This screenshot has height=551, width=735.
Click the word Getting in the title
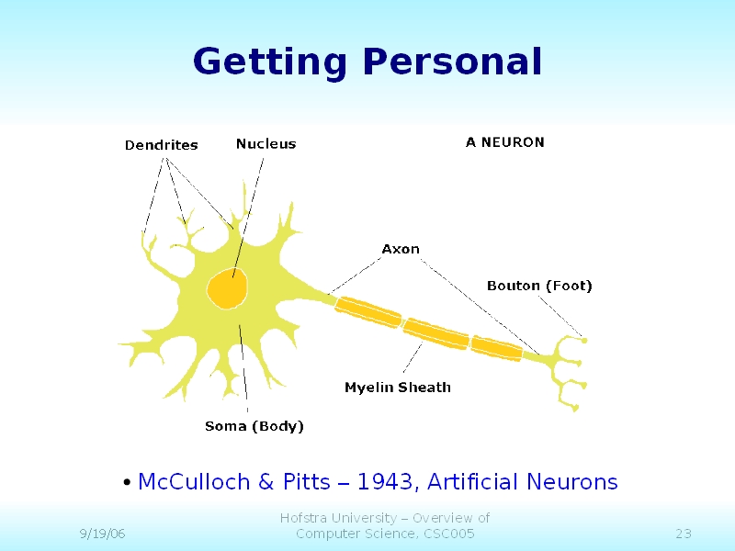[x=270, y=62]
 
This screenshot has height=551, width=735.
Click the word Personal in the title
[x=452, y=61]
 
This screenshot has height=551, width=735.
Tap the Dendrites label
[x=162, y=145]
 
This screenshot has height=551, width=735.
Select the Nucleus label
[x=266, y=144]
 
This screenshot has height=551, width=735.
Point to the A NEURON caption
[x=504, y=142]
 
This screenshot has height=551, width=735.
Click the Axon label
[x=401, y=249]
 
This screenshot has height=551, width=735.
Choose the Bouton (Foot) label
[x=539, y=286]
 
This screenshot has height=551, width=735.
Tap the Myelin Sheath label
[x=398, y=388]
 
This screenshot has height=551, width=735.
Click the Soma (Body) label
[x=254, y=426]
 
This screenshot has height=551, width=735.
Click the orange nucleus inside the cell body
[x=227, y=288]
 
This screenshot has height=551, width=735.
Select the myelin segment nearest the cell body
[x=368, y=312]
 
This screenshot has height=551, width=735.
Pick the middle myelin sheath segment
[x=435, y=333]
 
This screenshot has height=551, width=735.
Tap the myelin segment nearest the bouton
[x=496, y=349]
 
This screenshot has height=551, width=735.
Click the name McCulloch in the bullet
[x=194, y=481]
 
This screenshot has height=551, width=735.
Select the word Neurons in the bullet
[x=571, y=482]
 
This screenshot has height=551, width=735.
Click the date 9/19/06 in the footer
[x=102, y=534]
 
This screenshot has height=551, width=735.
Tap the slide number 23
[x=684, y=534]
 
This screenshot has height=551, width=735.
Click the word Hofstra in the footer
[x=304, y=518]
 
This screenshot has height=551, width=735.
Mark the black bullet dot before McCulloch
[x=127, y=482]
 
